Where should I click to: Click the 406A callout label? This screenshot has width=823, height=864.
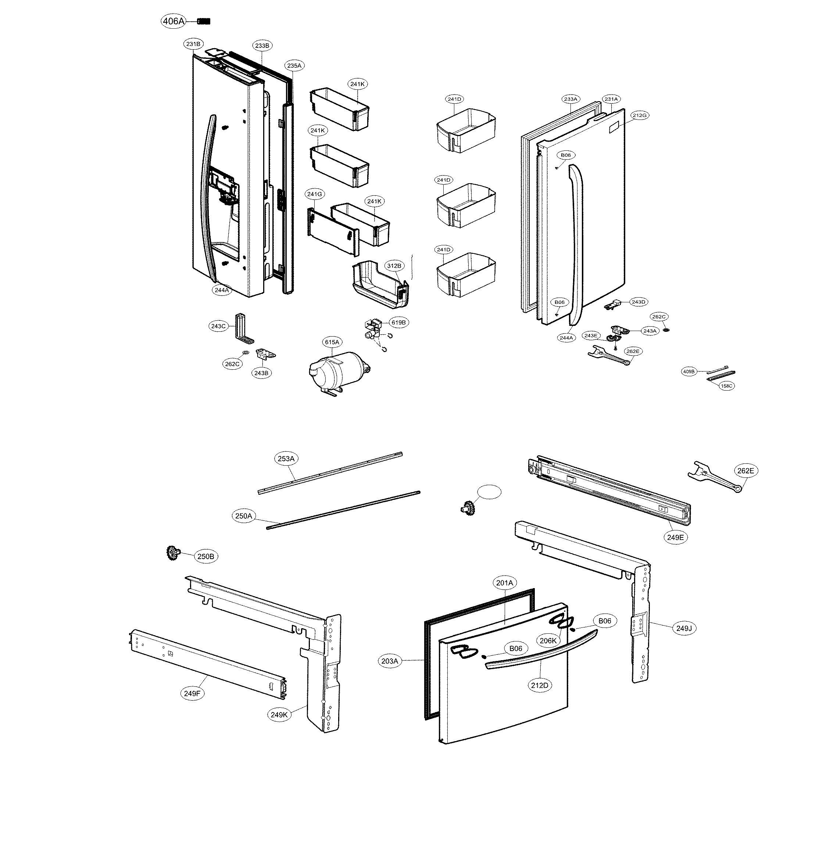[173, 21]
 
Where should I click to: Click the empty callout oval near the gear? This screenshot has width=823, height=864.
[489, 493]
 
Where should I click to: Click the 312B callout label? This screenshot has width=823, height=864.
[394, 266]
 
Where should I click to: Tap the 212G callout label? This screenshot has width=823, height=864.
[640, 115]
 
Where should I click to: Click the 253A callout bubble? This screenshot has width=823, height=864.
[286, 459]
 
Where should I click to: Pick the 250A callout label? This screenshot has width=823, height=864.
[243, 516]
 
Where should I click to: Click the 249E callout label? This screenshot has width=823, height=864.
[675, 537]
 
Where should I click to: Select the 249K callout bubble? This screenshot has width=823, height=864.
[279, 715]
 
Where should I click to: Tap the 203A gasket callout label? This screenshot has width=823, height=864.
[390, 661]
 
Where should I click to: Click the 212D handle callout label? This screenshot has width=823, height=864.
[540, 685]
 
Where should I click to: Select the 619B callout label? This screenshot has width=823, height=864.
[398, 323]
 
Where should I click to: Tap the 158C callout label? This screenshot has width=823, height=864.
[726, 386]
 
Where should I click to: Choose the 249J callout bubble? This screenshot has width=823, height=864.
[683, 628]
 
